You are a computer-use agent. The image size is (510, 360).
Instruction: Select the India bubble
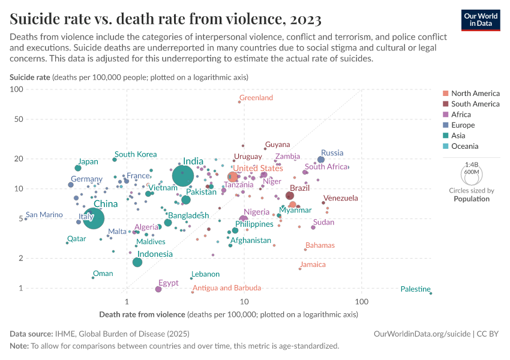(x=183, y=176)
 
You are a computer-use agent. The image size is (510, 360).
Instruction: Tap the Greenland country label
(x=256, y=98)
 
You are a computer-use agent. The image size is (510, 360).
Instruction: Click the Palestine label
(x=415, y=289)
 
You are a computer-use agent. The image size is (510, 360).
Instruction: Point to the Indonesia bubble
(x=137, y=262)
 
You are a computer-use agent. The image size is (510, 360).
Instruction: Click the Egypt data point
(x=158, y=289)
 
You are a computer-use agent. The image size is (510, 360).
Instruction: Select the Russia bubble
(x=321, y=160)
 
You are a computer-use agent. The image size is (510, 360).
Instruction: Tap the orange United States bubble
(x=233, y=177)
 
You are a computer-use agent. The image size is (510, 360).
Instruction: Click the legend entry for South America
(x=475, y=104)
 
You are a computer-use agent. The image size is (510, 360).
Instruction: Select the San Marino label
(x=44, y=215)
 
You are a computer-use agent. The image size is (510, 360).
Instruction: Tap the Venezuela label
(x=340, y=198)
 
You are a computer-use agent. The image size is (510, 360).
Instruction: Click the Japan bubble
(x=78, y=168)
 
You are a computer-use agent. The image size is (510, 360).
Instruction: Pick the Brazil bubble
(x=290, y=196)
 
